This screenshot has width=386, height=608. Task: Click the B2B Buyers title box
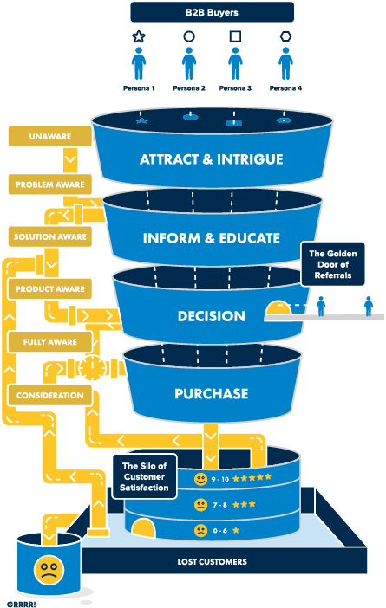click(212, 12)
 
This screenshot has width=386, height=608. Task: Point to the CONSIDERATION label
click(49, 395)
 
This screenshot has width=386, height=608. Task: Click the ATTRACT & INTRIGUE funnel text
click(212, 159)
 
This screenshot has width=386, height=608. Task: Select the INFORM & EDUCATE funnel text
click(212, 237)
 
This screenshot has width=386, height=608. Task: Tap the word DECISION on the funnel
click(211, 316)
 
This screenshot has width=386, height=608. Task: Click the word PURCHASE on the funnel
click(211, 393)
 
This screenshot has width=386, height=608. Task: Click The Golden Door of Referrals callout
click(334, 264)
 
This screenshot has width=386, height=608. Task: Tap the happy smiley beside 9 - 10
click(201, 477)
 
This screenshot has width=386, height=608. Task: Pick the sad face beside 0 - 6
click(201, 530)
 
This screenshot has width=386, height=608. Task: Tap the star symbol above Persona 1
click(138, 37)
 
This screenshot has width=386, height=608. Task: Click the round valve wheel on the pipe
click(92, 369)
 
